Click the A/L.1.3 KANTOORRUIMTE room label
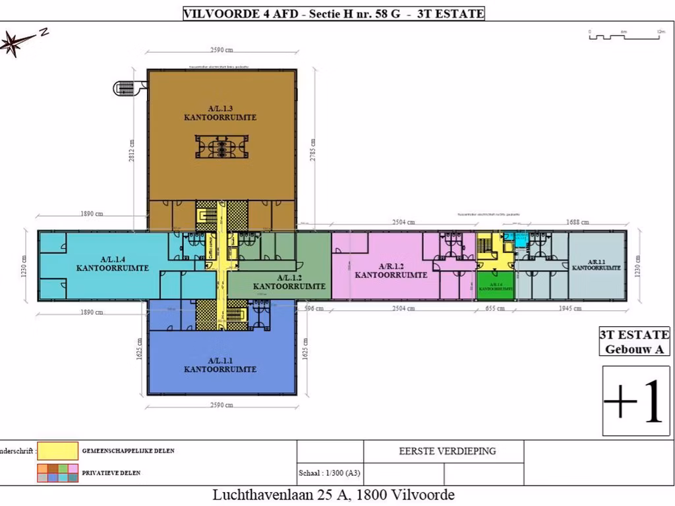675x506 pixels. click(x=220, y=113)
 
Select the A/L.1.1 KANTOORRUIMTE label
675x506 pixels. click(x=220, y=365)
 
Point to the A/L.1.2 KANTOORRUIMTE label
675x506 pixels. click(x=289, y=282)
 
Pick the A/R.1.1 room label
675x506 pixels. click(x=596, y=264)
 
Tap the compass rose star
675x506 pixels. click(x=15, y=43)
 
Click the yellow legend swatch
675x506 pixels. click(x=57, y=451)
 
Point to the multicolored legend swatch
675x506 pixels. click(x=57, y=472)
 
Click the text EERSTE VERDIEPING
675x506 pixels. click(x=447, y=451)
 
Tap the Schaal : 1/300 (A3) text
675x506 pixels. click(x=329, y=473)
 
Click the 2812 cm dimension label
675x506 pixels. click(x=132, y=150)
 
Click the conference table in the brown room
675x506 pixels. click(x=221, y=146)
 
